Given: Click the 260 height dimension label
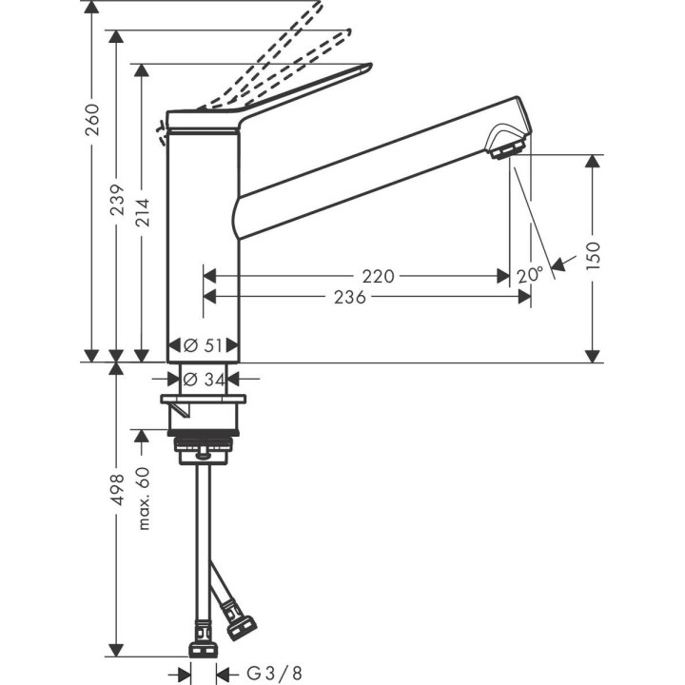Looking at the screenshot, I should point(92,118).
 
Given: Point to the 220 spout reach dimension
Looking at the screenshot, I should point(378,276).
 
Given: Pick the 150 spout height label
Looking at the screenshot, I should point(594,257).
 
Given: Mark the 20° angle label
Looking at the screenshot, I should point(530,275).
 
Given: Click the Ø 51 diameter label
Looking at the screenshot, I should point(203,345).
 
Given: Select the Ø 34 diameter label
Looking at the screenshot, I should point(203,379).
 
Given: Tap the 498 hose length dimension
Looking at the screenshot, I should point(117,494).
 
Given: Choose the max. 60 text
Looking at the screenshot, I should point(143,499).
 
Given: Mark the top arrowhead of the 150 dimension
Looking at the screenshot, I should point(594,161).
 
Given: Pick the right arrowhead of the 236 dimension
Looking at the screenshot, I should point(525,297).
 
